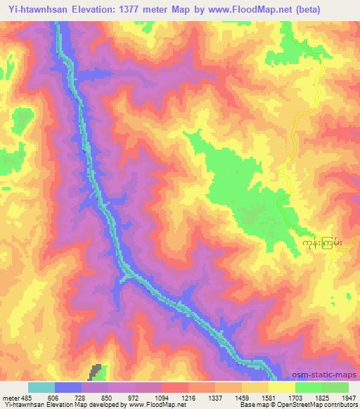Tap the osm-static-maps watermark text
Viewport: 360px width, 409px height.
329,375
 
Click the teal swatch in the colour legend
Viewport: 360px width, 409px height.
41,387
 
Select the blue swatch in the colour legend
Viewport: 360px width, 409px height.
68,387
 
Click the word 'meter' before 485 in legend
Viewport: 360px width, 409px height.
12,397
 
